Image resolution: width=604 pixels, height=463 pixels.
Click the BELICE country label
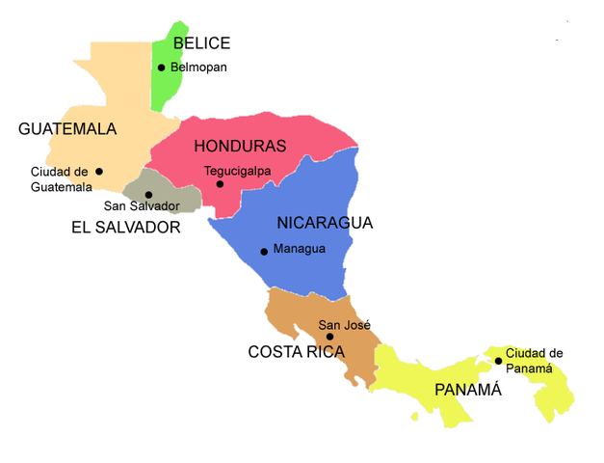pyautogui.click(x=201, y=42)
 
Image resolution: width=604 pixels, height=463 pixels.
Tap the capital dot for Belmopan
pyautogui.click(x=162, y=68)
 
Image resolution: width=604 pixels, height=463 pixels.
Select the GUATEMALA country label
pyautogui.click(x=67, y=129)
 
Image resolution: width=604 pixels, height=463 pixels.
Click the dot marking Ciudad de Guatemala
pyautogui.click(x=99, y=172)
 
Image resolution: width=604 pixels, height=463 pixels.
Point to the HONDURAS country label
pyautogui.click(x=240, y=147)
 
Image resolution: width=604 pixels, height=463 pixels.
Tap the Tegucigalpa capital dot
pyautogui.click(x=220, y=183)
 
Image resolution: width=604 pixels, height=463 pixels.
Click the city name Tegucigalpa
pyautogui.click(x=237, y=171)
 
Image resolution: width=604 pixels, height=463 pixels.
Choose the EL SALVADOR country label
pyautogui.click(x=126, y=228)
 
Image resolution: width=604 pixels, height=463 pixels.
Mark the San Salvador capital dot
pyautogui.click(x=148, y=195)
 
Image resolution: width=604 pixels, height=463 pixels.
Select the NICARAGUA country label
pyautogui.click(x=325, y=223)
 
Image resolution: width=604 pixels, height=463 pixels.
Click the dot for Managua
pyautogui.click(x=264, y=251)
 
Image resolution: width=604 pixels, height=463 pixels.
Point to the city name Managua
pyautogui.click(x=300, y=249)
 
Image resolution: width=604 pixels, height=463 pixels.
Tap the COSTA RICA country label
pyautogui.click(x=296, y=352)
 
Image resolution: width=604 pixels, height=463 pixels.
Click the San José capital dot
pyautogui.click(x=329, y=337)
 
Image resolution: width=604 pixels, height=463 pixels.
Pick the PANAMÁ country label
pyautogui.click(x=468, y=390)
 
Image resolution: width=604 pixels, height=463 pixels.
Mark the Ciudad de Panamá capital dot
pyautogui.click(x=498, y=361)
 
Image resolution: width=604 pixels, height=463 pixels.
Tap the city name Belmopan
pyautogui.click(x=199, y=68)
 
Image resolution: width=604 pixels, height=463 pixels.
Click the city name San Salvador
pyautogui.click(x=142, y=206)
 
